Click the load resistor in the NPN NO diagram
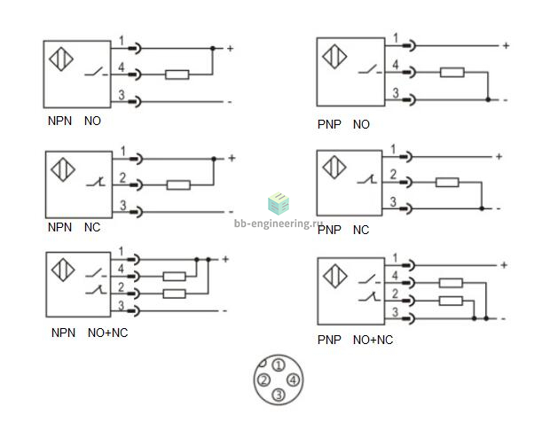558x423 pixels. (177, 74)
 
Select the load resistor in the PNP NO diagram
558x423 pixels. (452, 72)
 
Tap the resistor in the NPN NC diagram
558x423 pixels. (178, 185)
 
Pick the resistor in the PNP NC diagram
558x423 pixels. (447, 183)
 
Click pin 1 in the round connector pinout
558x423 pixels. (279, 365)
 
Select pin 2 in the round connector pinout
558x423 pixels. (263, 380)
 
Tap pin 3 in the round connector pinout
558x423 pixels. (279, 395)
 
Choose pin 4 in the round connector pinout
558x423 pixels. (294, 380)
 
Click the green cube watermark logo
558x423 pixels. (279, 203)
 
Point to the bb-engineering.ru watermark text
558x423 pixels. (276, 223)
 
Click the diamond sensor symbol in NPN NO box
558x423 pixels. (61, 59)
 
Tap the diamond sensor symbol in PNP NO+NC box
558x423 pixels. (334, 276)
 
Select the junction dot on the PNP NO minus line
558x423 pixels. (488, 99)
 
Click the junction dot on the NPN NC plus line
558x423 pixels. (214, 159)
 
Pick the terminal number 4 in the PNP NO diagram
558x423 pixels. (396, 65)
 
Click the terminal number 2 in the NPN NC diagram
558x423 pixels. (122, 177)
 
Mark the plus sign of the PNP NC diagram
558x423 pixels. (499, 157)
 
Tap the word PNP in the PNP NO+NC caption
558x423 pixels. (329, 340)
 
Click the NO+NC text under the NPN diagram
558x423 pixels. (108, 333)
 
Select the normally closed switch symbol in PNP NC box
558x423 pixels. (367, 179)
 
